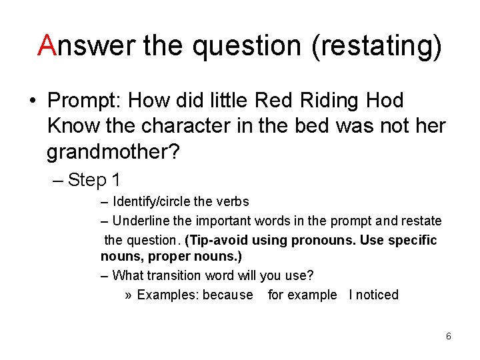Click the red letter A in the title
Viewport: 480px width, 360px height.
pyautogui.click(x=47, y=45)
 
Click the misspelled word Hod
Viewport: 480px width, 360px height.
pyautogui.click(x=385, y=101)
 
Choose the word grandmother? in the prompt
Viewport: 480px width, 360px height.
pyautogui.click(x=113, y=153)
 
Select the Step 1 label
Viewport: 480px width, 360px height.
pyautogui.click(x=94, y=180)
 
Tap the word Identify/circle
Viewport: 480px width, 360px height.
pyautogui.click(x=153, y=201)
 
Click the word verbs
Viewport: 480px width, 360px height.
pyautogui.click(x=233, y=201)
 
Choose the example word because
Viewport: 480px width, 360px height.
pyautogui.click(x=228, y=295)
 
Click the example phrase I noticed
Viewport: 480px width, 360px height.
pyautogui.click(x=373, y=295)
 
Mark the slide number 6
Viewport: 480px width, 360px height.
pyautogui.click(x=449, y=336)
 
